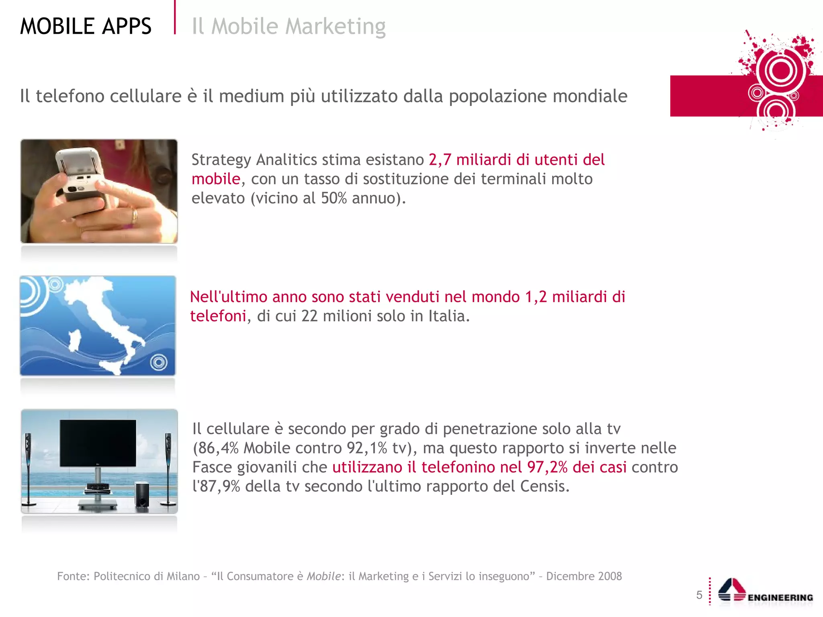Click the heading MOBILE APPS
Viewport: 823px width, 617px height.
tap(86, 27)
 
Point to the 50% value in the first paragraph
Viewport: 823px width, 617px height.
tap(334, 198)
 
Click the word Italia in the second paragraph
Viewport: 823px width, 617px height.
tap(446, 316)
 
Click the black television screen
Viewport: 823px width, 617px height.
tap(98, 443)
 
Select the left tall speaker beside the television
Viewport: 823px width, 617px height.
tap(28, 468)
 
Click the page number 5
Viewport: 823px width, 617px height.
tap(699, 595)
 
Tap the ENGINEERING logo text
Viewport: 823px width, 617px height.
tap(780, 598)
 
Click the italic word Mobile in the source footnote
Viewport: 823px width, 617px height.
tap(323, 576)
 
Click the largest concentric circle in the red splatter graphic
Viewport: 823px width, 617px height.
tap(780, 71)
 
